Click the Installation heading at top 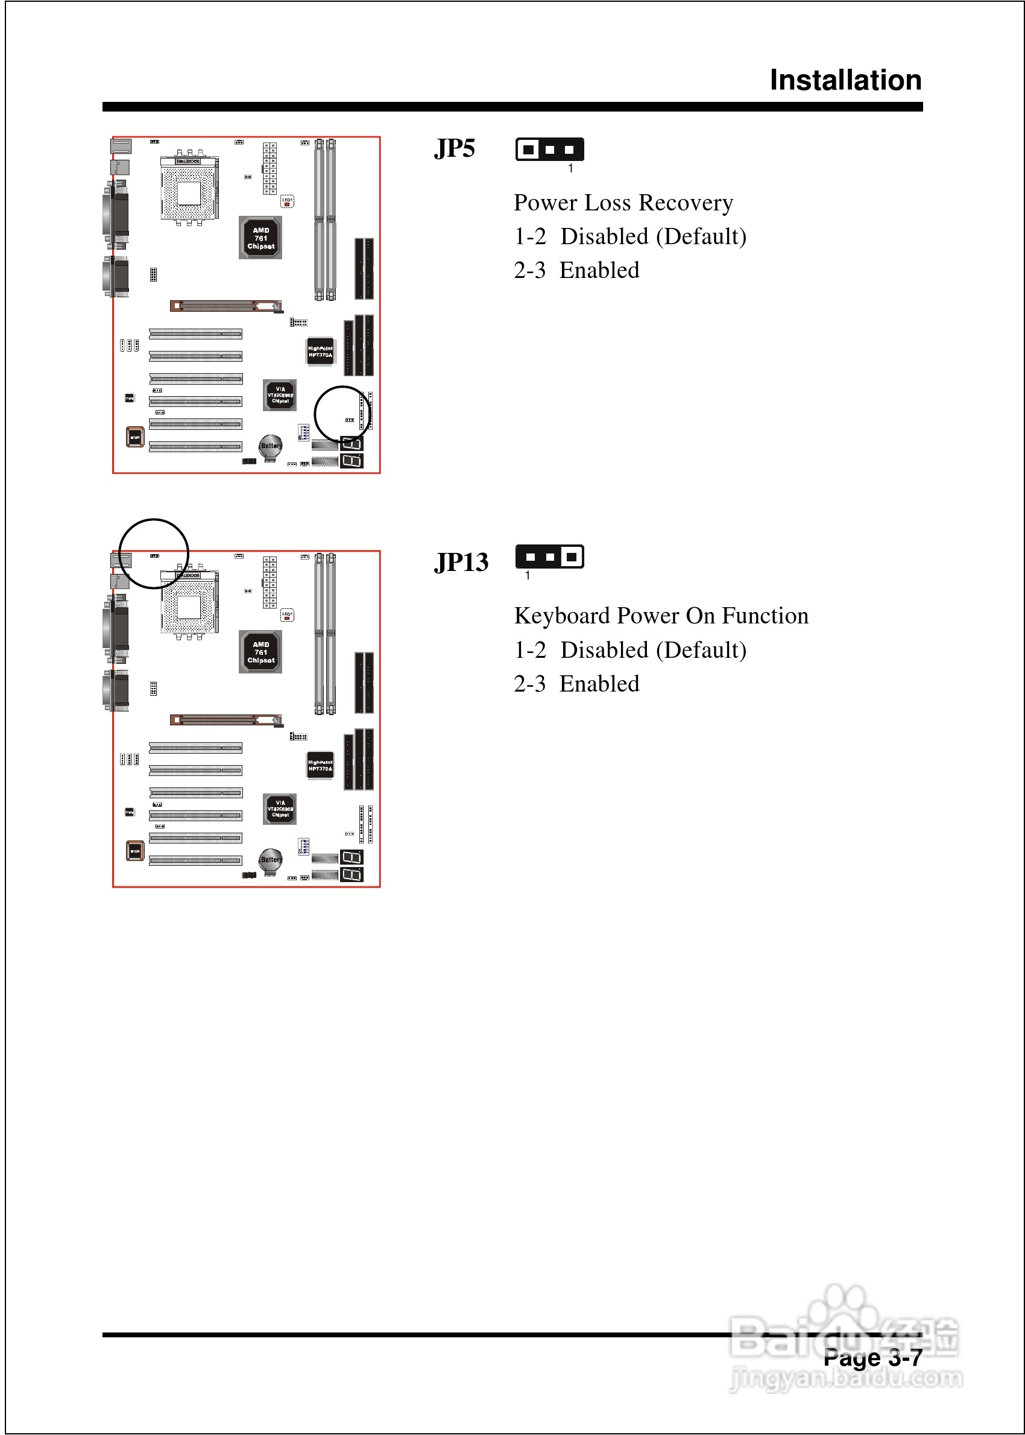845,80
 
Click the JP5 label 455,149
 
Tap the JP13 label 461,563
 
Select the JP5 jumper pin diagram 549,150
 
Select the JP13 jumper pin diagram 549,557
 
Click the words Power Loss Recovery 623,203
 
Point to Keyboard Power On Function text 661,616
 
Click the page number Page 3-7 872,1357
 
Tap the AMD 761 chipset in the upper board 260,238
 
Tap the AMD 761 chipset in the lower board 260,652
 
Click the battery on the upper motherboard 271,446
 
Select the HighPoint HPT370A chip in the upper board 320,352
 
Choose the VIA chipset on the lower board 280,809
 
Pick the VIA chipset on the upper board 280,395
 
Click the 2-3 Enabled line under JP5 576,271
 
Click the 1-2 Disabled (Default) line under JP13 630,650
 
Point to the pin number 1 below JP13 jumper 528,576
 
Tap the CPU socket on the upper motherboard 189,191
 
